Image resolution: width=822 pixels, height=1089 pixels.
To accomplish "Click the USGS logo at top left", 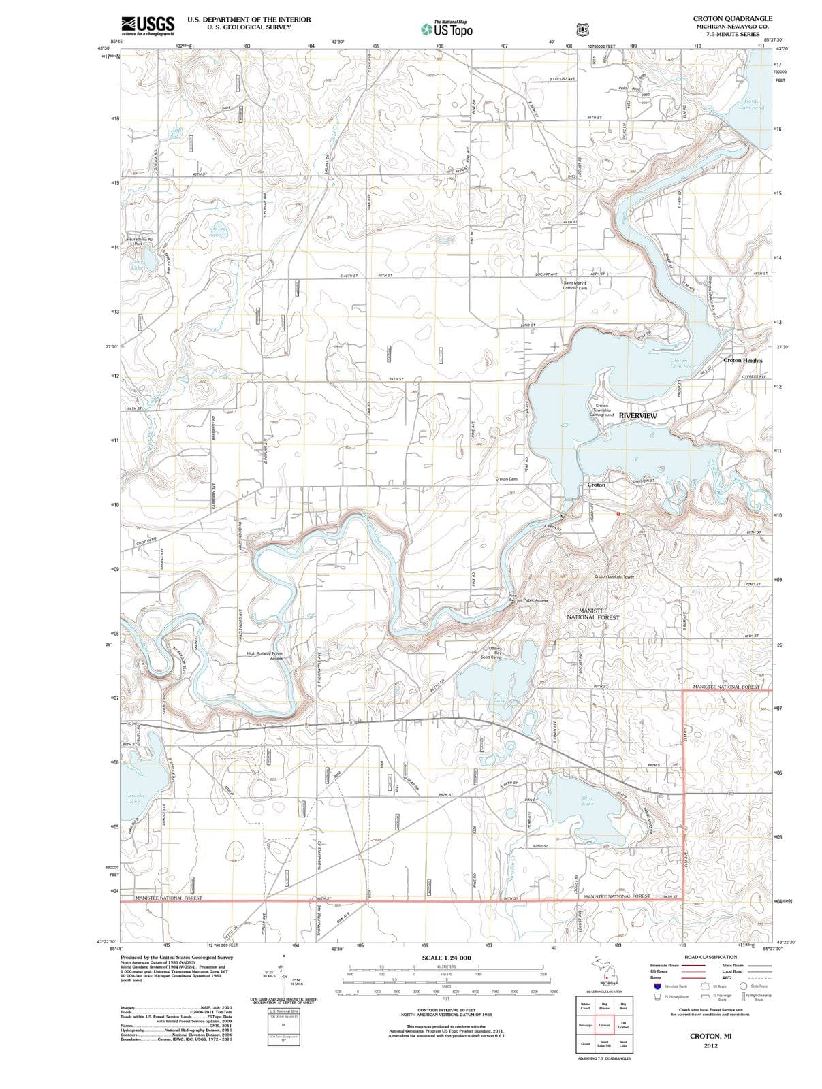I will tap(147, 26).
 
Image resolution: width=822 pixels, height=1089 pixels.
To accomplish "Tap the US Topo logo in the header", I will tap(446, 29).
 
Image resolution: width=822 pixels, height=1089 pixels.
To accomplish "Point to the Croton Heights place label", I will tap(742, 361).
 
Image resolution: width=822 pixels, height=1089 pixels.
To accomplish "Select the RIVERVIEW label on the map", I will tap(637, 415).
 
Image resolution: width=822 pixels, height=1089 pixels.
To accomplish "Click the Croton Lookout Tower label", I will tap(614, 576).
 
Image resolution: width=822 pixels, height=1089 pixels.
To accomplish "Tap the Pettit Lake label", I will tap(501, 696).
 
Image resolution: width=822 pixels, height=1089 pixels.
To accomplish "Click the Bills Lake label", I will tap(588, 800).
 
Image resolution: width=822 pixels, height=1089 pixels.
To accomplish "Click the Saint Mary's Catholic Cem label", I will tap(575, 285).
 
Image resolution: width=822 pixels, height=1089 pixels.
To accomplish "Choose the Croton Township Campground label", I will tap(601, 410).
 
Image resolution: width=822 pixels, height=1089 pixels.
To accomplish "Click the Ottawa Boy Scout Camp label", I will tap(492, 653).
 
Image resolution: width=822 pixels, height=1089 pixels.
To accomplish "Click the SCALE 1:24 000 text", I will tap(446, 958).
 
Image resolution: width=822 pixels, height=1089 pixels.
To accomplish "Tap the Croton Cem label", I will tap(506, 479).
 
